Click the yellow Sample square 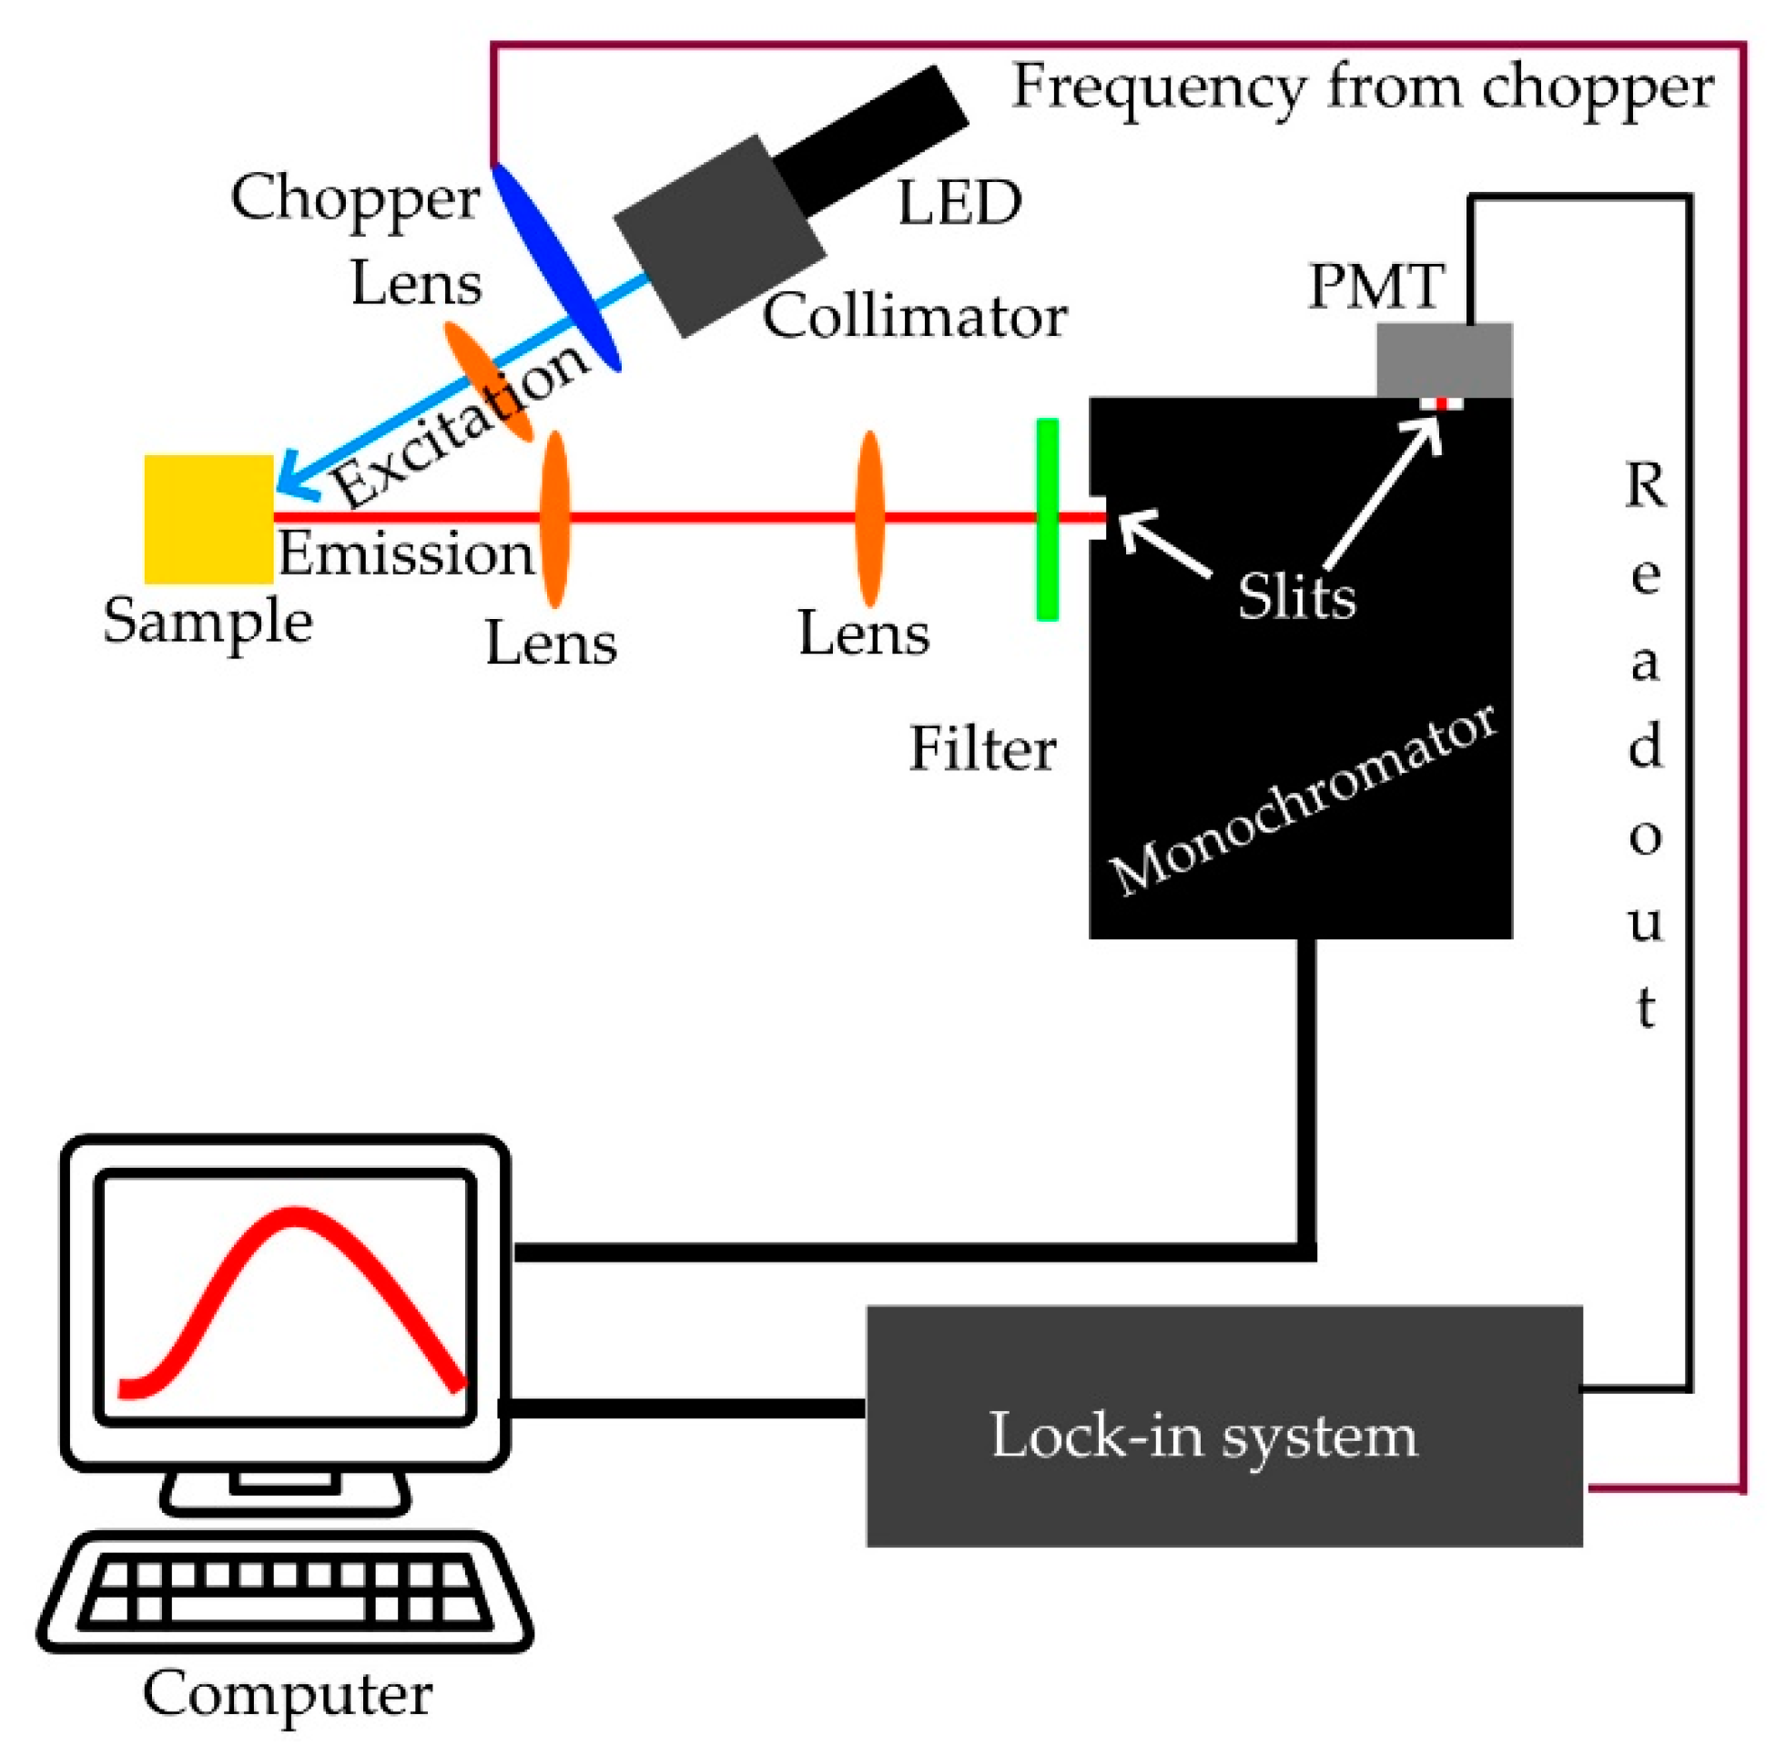pyautogui.click(x=208, y=520)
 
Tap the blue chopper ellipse pyautogui.click(x=557, y=267)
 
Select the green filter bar pyautogui.click(x=1047, y=520)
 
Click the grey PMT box pyautogui.click(x=1443, y=359)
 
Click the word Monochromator pyautogui.click(x=1304, y=800)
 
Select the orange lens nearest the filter pyautogui.click(x=869, y=520)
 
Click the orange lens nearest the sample pyautogui.click(x=554, y=520)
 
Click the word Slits pyautogui.click(x=1296, y=597)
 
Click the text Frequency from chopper pyautogui.click(x=1362, y=87)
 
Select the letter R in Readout pyautogui.click(x=1645, y=485)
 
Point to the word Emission pyautogui.click(x=405, y=553)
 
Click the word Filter pyautogui.click(x=982, y=749)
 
